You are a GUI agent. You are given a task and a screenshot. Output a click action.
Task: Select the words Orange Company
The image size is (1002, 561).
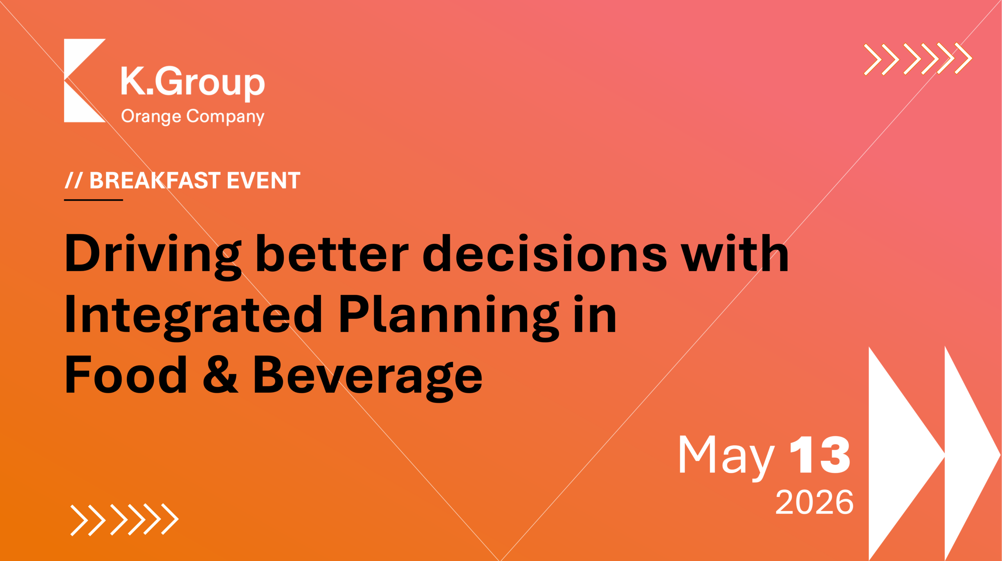coord(193,117)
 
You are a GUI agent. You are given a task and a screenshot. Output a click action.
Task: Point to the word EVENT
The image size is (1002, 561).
coord(263,180)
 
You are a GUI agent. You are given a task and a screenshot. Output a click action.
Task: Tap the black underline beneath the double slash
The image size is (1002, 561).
coord(94,200)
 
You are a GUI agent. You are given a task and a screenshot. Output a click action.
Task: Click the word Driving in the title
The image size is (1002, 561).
coord(153,257)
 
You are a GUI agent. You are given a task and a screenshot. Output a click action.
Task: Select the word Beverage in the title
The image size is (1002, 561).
coord(368,378)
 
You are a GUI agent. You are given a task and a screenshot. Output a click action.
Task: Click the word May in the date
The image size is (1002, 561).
coord(726,458)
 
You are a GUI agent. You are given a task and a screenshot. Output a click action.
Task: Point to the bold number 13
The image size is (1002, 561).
coord(820,455)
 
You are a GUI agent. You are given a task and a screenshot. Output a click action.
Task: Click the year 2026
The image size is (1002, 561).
coord(814,502)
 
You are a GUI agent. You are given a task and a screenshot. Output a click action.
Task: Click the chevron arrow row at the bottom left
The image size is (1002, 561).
coord(124,520)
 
